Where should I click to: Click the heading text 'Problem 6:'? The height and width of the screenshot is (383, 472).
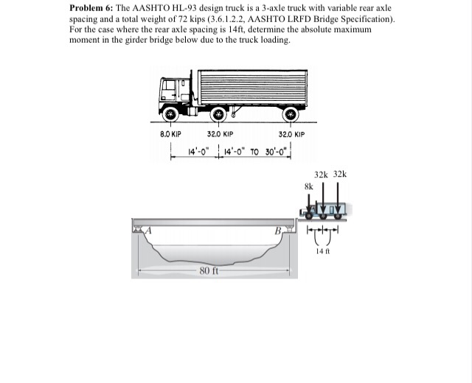coord(93,8)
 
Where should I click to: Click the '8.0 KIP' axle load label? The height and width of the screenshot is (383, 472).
coord(170,136)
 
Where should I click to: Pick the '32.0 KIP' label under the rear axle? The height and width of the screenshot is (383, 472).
coord(291,136)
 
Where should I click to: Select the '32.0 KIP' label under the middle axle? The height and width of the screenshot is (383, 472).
coord(220,136)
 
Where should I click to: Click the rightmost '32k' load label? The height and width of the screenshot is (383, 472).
coord(339,175)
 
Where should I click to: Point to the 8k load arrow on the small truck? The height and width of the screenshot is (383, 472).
coord(310,202)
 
